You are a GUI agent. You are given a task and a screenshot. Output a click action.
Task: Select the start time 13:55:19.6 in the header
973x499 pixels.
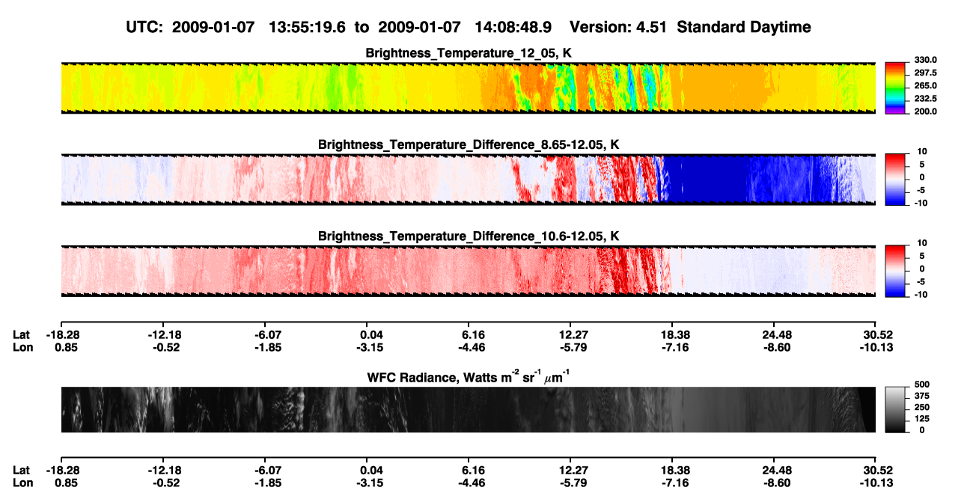(x=307, y=27)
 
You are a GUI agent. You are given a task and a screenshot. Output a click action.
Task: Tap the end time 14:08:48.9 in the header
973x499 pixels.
(x=513, y=27)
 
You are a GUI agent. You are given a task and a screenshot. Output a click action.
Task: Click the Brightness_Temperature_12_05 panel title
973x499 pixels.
(x=469, y=53)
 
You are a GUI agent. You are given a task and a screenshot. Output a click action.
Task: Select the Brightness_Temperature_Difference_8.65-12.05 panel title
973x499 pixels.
(x=469, y=144)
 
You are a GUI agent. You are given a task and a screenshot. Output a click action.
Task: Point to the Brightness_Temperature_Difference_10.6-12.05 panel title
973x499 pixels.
(x=469, y=236)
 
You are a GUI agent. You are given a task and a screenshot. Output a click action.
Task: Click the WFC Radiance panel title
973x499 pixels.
(x=469, y=376)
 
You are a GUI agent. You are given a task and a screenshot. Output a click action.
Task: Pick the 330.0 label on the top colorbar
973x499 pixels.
(x=925, y=60)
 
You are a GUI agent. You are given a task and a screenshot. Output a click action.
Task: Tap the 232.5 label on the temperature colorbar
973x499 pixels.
(x=925, y=99)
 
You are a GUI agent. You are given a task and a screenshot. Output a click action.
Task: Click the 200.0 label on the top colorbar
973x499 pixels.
(x=925, y=111)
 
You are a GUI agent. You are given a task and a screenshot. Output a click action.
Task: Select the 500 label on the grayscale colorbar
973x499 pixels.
(x=922, y=385)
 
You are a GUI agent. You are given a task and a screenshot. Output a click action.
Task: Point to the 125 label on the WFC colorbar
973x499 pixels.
(x=922, y=419)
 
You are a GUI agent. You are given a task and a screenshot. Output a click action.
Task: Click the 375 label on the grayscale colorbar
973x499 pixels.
(x=922, y=396)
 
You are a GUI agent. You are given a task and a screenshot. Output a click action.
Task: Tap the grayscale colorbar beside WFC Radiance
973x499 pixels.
(x=895, y=409)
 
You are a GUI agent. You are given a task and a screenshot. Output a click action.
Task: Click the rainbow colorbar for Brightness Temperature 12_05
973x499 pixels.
(x=895, y=88)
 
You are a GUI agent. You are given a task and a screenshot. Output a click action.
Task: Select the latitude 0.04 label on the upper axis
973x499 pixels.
(x=371, y=335)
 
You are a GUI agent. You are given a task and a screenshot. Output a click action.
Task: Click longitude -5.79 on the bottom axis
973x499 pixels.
(x=573, y=483)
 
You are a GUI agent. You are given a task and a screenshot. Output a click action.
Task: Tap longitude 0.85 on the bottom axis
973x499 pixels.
(x=66, y=483)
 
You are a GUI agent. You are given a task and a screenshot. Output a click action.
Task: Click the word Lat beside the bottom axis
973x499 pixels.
(x=21, y=471)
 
